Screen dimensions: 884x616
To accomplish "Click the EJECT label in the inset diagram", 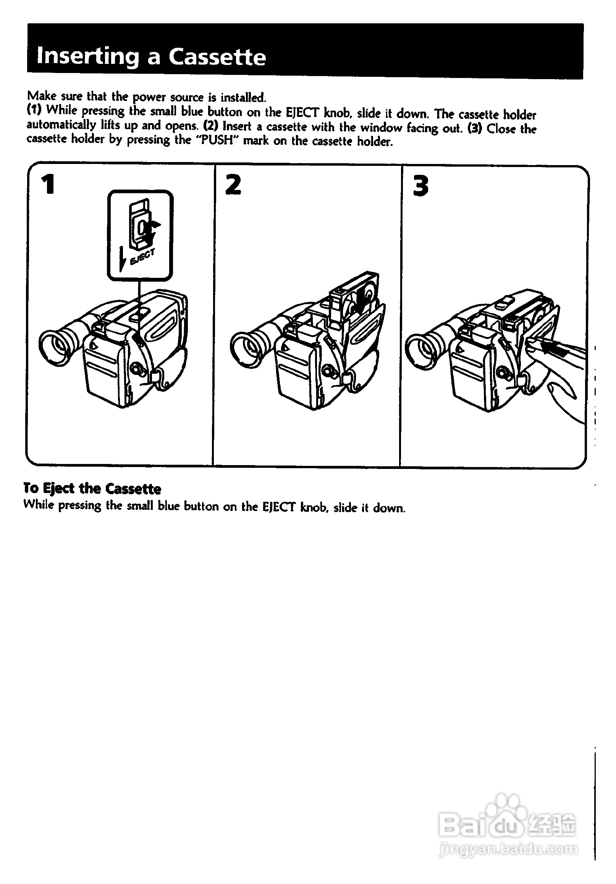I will [x=143, y=257].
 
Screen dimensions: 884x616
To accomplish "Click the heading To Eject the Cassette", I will [x=92, y=488].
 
